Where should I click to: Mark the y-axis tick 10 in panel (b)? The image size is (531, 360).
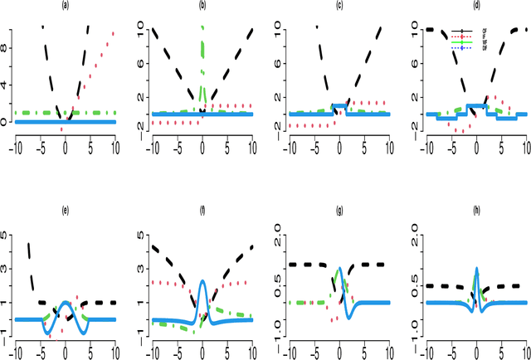click(144, 32)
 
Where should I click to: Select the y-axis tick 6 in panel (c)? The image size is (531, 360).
click(281, 67)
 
